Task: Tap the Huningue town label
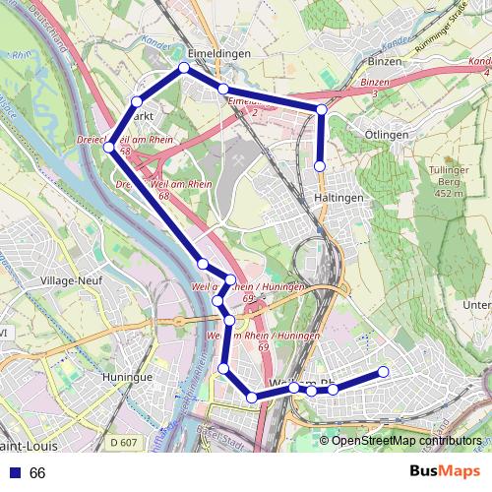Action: [128, 377]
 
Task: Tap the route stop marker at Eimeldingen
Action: [184, 68]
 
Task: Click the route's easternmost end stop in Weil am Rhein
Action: [383, 372]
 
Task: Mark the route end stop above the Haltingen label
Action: [320, 165]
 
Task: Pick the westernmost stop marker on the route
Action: [110, 148]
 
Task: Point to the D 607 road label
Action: [124, 444]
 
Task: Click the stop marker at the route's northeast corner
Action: [321, 108]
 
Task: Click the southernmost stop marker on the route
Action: [252, 398]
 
